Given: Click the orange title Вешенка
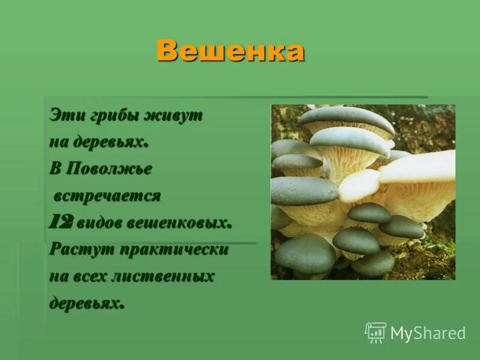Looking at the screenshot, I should tap(230, 52).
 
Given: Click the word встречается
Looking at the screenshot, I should tap(108, 196).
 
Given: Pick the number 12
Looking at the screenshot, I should tap(61, 223).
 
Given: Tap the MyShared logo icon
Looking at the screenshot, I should tap(376, 332).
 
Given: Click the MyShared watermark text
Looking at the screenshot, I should tap(428, 333).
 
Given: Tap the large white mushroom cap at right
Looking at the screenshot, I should tap(420, 167).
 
